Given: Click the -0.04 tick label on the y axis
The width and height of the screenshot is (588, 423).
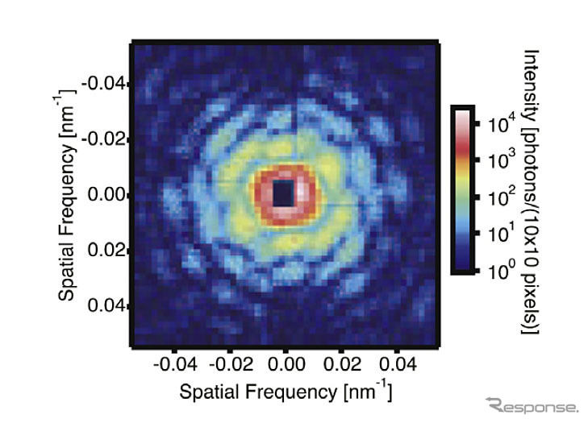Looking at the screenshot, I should pos(106,83).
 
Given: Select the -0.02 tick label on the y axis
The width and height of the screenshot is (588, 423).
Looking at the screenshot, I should pos(106,139).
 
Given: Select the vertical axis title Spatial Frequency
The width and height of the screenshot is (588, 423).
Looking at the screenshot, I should pos(69,195).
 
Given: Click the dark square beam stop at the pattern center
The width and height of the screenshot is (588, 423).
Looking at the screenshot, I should pos(284,193).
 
